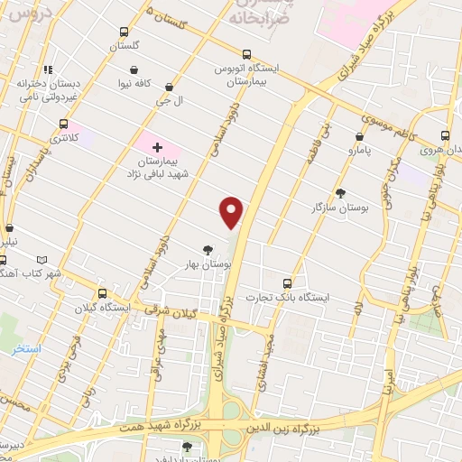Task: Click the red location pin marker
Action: point(232,211)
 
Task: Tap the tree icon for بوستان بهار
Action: point(208,250)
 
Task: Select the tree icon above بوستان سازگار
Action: point(340,193)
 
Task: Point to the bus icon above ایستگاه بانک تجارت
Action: point(288,282)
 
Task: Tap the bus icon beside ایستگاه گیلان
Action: point(102,293)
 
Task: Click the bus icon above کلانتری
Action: point(62,124)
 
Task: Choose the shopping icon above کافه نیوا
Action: point(134,69)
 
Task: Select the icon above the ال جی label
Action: point(170,87)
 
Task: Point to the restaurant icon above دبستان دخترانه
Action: point(49,69)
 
